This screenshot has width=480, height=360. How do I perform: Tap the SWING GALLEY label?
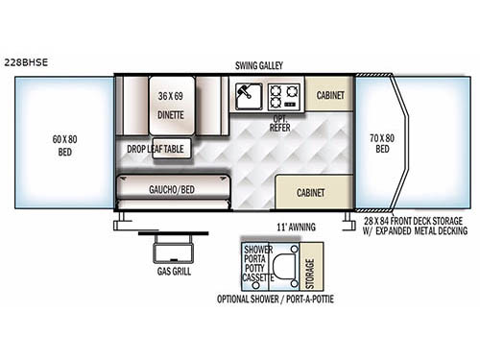point(257,65)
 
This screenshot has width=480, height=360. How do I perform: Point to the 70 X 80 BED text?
point(382,144)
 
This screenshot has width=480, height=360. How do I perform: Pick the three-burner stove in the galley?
point(284,95)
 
